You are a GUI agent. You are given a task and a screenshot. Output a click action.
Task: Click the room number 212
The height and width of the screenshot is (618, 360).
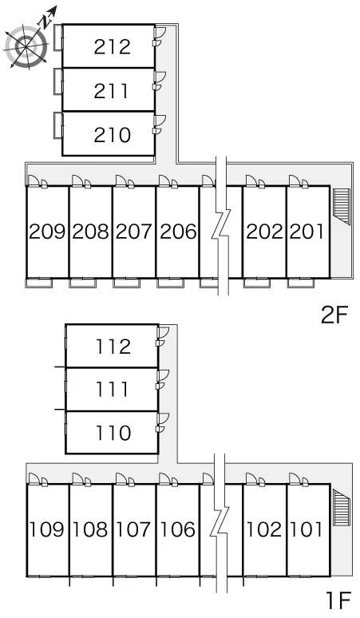[x=113, y=46]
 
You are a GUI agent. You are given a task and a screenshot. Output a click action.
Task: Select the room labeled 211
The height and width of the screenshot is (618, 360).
[x=111, y=91]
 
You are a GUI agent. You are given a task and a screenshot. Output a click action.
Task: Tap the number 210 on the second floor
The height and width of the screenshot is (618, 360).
[x=113, y=135]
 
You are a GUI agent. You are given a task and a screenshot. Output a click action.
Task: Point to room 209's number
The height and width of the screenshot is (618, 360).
[x=47, y=232]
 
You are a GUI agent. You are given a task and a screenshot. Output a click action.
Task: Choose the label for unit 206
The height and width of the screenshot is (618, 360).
[x=178, y=232]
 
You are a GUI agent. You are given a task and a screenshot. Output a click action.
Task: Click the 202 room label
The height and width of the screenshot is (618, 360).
[x=265, y=232]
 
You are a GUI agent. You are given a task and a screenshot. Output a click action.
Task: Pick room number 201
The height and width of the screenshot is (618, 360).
[x=307, y=232]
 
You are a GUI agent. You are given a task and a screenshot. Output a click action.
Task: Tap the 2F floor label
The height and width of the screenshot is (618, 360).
[x=334, y=315]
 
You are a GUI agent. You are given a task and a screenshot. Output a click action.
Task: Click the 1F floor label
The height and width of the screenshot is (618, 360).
[x=338, y=601]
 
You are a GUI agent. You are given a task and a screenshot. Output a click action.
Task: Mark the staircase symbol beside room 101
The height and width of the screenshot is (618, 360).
[x=342, y=508]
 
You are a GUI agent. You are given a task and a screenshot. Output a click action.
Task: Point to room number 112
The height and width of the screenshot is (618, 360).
[x=113, y=347]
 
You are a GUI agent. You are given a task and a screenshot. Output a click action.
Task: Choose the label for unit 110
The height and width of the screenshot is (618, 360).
[x=113, y=433]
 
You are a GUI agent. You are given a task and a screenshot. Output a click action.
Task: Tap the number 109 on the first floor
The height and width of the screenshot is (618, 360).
[x=47, y=529]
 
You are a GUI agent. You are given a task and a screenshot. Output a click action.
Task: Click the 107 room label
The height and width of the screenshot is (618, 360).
[x=134, y=529]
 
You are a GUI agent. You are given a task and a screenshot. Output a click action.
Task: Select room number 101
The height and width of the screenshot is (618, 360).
[x=306, y=529]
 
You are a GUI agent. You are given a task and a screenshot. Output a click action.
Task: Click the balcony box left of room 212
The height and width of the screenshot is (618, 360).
[x=58, y=38]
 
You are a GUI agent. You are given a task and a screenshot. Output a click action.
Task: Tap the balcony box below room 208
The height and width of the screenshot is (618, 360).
[x=82, y=283]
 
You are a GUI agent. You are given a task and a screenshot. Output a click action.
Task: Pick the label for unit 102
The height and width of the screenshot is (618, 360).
[x=264, y=529]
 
